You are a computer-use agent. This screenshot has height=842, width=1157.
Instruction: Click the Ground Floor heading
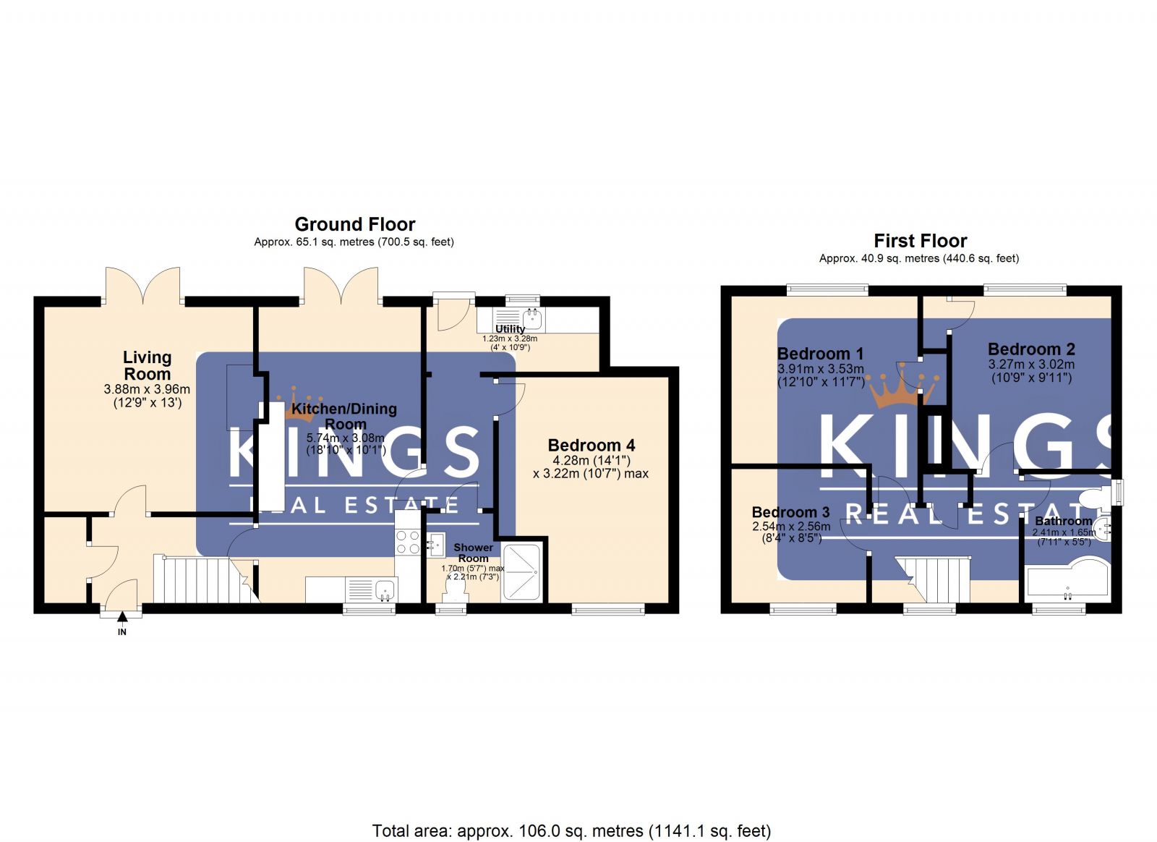354,224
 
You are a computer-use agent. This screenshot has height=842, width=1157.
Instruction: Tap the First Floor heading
920,241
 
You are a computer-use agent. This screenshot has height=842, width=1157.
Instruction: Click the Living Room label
147,365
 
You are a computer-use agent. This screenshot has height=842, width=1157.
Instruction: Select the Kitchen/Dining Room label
344,417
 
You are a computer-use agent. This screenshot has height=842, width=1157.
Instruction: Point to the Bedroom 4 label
591,446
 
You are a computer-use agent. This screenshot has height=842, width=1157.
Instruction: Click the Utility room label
510,329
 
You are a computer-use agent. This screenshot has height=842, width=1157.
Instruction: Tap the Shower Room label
473,553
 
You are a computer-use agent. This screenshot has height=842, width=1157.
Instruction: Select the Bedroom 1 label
820,354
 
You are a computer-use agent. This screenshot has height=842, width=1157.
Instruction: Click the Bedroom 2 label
1031,349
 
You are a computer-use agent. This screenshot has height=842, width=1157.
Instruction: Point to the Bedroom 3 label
790,512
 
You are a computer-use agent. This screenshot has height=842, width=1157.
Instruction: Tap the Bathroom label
1063,521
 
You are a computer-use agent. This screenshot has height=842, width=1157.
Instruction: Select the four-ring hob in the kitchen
408,542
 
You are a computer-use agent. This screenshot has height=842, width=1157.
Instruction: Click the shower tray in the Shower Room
521,572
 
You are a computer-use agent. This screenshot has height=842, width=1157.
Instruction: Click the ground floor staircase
202,579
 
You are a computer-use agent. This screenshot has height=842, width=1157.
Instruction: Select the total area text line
571,831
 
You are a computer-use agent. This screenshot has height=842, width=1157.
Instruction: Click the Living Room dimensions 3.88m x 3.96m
147,390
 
